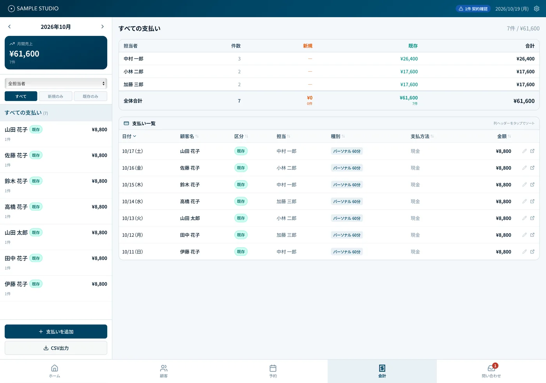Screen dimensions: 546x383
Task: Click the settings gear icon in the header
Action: pyautogui.click(x=537, y=9)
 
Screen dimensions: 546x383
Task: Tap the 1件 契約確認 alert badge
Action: pyautogui.click(x=473, y=9)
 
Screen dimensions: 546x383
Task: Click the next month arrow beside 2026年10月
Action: pyautogui.click(x=102, y=27)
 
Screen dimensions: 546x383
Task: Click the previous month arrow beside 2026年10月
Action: pyautogui.click(x=9, y=27)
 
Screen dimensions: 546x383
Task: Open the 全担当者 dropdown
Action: pyautogui.click(x=56, y=83)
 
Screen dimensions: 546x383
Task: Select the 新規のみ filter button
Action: pyautogui.click(x=55, y=96)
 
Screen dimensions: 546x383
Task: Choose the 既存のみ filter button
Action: pyautogui.click(x=90, y=96)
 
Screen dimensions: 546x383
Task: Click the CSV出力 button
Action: pyautogui.click(x=56, y=348)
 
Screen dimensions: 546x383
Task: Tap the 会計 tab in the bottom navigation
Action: pyautogui.click(x=382, y=371)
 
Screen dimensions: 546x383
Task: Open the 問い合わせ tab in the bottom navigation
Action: pyautogui.click(x=491, y=371)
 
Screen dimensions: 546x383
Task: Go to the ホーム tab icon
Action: pyautogui.click(x=54, y=368)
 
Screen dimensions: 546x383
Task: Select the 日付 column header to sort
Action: pyautogui.click(x=129, y=136)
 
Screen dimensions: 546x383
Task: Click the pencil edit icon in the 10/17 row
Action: pyautogui.click(x=525, y=151)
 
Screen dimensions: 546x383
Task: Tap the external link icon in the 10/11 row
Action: pyautogui.click(x=532, y=251)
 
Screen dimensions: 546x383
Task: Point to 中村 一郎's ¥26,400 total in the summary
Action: pyautogui.click(x=525, y=59)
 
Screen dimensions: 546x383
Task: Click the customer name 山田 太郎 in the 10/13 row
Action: pyautogui.click(x=190, y=218)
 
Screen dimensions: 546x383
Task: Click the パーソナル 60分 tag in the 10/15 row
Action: pyautogui.click(x=347, y=184)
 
